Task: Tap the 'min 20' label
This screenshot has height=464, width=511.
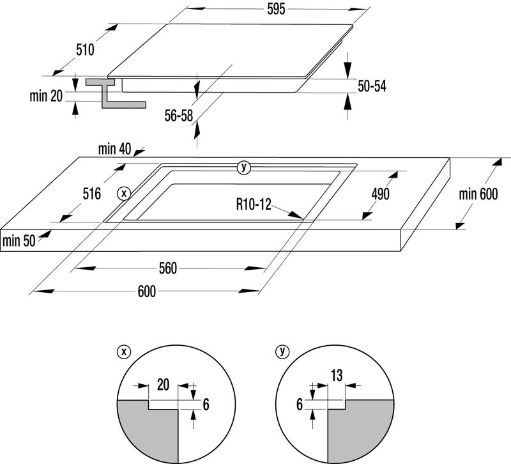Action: pyautogui.click(x=46, y=97)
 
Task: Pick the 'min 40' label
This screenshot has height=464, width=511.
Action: pyautogui.click(x=114, y=150)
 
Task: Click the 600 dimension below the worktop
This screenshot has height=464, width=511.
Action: pyautogui.click(x=146, y=291)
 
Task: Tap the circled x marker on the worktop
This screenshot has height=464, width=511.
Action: pyautogui.click(x=124, y=193)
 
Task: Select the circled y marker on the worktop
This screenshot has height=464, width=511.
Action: pyautogui.click(x=243, y=168)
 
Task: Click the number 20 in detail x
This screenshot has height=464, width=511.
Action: pyautogui.click(x=162, y=385)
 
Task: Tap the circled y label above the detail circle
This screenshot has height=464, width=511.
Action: pyautogui.click(x=282, y=351)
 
